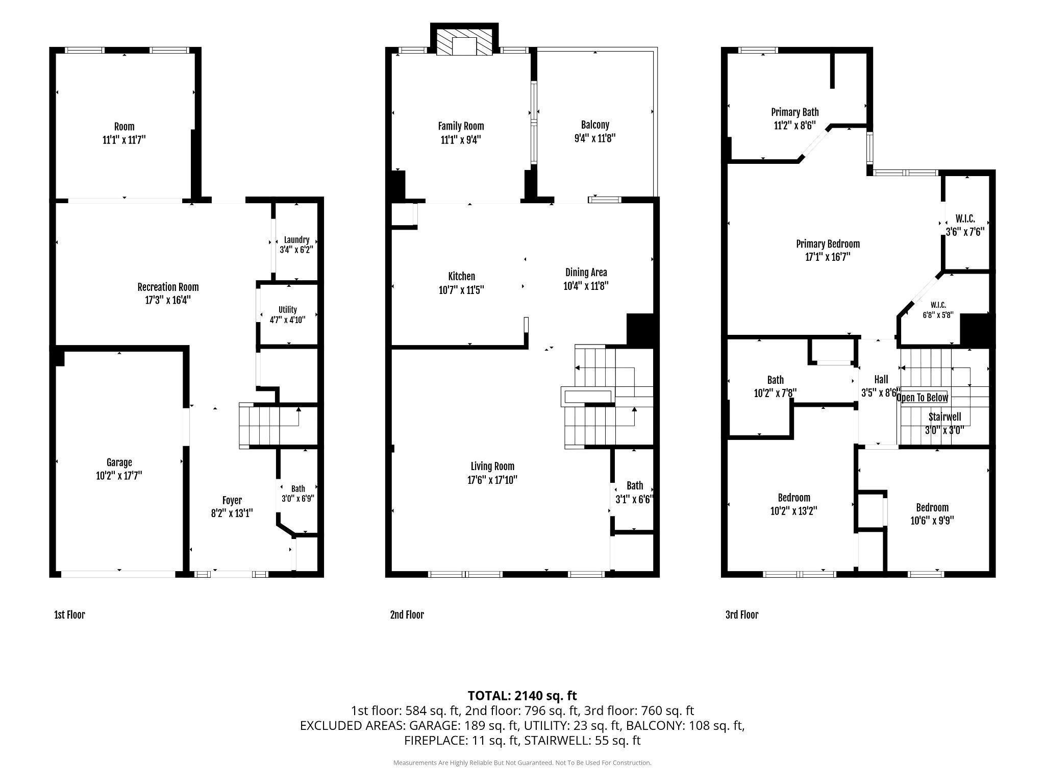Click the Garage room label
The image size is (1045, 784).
pos(119,462)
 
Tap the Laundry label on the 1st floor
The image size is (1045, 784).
pos(296,240)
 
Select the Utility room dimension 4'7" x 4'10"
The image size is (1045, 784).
pos(287,321)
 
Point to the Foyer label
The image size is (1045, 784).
pos(232,501)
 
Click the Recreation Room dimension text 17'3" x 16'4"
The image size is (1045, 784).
pos(168,300)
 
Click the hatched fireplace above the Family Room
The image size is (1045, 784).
pos(464,41)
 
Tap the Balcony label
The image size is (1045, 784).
pos(595,125)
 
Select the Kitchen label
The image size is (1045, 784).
pos(461,276)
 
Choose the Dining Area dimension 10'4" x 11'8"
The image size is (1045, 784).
pos(586,286)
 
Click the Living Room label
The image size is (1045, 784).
pos(492,466)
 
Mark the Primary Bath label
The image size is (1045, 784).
pos(794,112)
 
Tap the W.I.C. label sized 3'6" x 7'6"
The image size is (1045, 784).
pos(965,219)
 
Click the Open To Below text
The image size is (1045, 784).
pos(922,398)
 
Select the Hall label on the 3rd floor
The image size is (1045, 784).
pos(881,379)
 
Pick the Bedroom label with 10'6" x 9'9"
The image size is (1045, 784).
pos(932,507)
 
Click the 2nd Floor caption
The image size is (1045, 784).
pos(407,615)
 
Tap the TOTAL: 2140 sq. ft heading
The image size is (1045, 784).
pos(522,695)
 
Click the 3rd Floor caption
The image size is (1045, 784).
pos(742,615)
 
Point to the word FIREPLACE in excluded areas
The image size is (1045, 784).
pos(434,740)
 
